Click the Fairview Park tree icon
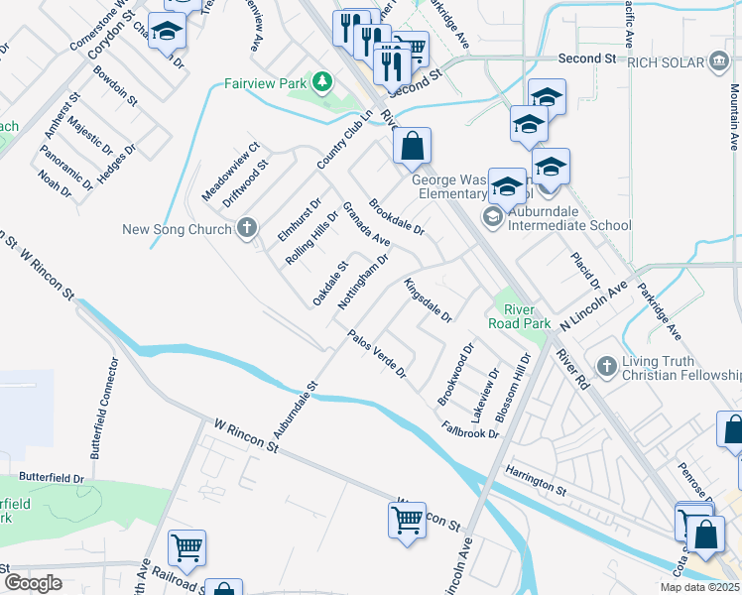[320, 81]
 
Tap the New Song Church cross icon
[247, 229]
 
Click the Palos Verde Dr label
[377, 354]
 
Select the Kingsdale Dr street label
[429, 301]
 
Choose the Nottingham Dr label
[363, 281]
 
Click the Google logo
[34, 583]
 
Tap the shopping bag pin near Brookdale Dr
[412, 147]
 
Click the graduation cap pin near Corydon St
[168, 31]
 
